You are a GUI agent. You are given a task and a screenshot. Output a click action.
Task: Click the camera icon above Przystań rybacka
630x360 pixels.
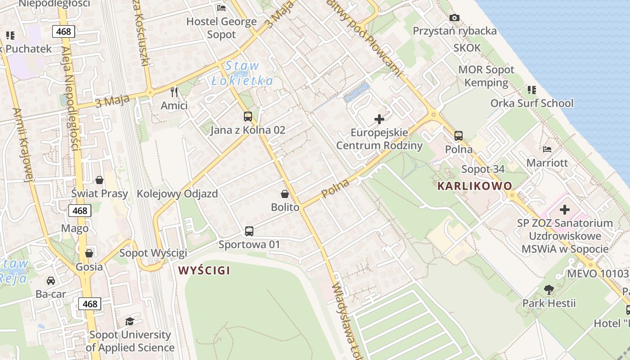pos(454,18)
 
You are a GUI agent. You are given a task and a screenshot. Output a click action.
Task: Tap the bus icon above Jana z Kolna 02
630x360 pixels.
pos(248,117)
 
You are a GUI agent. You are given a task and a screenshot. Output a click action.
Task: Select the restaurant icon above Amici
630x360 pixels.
pos(175,92)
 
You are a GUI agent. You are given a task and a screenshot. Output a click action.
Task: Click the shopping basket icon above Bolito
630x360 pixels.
pos(285,194)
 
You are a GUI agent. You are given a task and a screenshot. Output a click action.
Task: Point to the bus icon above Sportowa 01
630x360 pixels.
pos(249,231)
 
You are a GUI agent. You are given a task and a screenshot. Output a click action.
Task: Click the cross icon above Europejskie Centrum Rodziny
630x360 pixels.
pos(379,119)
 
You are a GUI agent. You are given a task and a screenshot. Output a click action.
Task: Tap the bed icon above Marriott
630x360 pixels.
pos(547,149)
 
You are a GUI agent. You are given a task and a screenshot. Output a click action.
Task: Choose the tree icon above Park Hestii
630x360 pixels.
pos(549,290)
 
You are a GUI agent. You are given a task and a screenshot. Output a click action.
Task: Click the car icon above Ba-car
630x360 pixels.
pos(51,281)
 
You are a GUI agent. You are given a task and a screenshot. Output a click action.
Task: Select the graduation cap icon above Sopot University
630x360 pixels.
pos(130,321)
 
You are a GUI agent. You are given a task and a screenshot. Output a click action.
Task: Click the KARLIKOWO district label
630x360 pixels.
pos(475,186)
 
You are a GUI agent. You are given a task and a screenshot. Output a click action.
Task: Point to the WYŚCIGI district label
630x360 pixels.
pos(204,270)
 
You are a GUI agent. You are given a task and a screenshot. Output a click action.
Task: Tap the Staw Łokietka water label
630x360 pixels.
pos(242,73)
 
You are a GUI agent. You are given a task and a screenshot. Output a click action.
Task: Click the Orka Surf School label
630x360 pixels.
pos(532,103)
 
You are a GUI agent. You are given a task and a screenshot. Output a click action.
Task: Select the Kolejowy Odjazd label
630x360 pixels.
pos(177,194)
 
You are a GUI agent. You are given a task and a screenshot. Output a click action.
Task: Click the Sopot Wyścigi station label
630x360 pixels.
pos(153,253)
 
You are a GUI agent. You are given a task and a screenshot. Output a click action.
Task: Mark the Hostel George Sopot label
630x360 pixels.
pos(221,28)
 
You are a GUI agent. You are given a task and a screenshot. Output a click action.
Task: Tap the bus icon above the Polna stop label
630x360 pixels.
pos(459,135)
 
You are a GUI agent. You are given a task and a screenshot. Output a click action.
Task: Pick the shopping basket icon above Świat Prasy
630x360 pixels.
pos(99,180)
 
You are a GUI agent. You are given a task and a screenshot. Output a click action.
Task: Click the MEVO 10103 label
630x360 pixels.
pos(598,274)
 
